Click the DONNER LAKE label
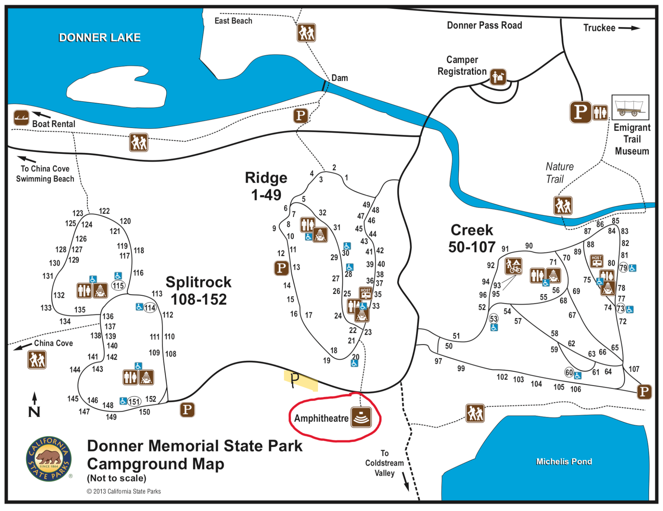pos(99,38)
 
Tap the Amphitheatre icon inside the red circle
pos(361,418)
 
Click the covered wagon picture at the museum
pos(630,108)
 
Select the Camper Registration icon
pos(498,77)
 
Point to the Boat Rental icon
pos(21,118)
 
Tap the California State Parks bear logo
pos(49,459)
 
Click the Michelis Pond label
pos(564,462)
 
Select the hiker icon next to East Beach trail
pos(306,33)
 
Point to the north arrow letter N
pos(34,412)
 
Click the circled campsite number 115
pos(118,286)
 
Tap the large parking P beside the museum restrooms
pos(580,112)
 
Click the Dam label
pos(340,78)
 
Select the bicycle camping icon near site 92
pos(513,266)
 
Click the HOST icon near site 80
pos(596,261)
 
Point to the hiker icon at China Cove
pos(37,360)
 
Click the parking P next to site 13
pos(281,268)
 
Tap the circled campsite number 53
pos(493,319)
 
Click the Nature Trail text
pos(559,173)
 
